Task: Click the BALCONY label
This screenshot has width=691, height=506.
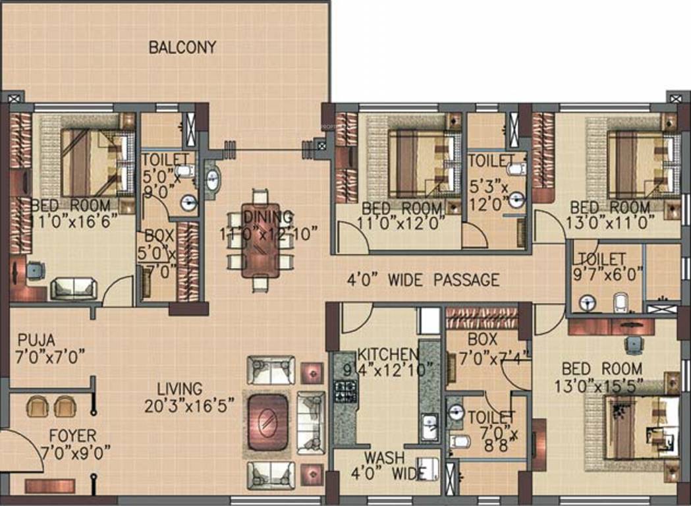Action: click(x=182, y=47)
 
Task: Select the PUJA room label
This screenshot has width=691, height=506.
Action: click(x=36, y=340)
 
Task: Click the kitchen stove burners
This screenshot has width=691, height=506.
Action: click(x=344, y=391)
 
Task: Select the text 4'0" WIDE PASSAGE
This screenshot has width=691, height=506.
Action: click(x=423, y=280)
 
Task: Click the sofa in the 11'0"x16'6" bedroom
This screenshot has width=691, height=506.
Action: click(x=74, y=288)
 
